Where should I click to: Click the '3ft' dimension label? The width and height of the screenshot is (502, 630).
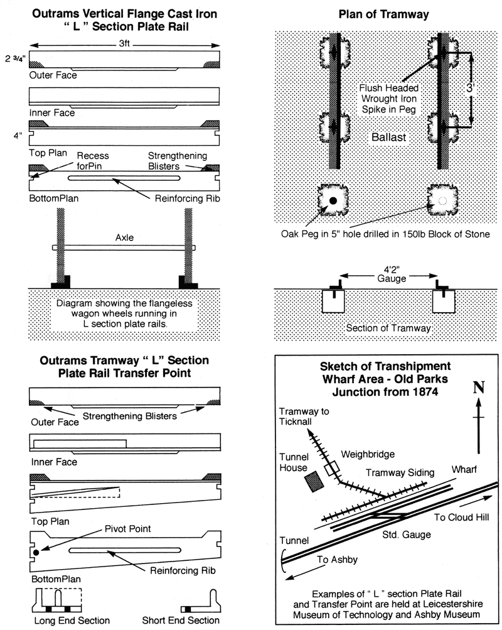click(x=124, y=46)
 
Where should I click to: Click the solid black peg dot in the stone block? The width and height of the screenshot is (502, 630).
click(x=333, y=200)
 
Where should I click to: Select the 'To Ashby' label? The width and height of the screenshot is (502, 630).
click(x=333, y=559)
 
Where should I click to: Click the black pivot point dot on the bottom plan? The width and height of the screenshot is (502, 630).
click(x=36, y=552)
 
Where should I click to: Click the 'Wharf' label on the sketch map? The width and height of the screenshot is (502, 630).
click(x=463, y=469)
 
